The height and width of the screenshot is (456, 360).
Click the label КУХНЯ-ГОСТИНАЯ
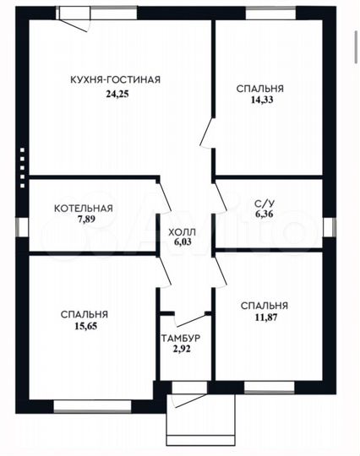click(x=115, y=79)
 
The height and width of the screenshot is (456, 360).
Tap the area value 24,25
click(x=117, y=95)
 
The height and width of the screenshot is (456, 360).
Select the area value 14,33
click(x=262, y=100)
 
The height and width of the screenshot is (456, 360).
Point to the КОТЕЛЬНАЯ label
click(x=84, y=209)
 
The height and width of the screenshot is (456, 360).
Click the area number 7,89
click(x=86, y=219)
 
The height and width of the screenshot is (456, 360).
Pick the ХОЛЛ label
click(x=183, y=232)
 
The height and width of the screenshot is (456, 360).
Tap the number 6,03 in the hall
click(x=183, y=242)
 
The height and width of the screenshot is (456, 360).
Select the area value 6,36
click(x=265, y=214)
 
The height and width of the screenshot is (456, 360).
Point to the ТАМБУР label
click(x=181, y=338)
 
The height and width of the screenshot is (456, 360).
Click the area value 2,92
click(x=182, y=349)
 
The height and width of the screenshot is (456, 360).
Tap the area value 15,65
click(x=86, y=326)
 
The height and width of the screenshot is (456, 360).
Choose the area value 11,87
click(x=266, y=318)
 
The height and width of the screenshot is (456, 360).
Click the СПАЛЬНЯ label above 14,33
click(x=260, y=89)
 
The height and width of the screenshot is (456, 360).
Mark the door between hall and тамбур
click(x=192, y=319)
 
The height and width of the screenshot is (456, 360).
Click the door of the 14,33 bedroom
click(x=207, y=132)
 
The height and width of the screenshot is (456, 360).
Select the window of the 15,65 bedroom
click(x=93, y=406)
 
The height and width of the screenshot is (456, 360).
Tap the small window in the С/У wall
click(x=330, y=227)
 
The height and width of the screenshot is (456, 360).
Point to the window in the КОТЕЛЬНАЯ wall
click(x=22, y=227)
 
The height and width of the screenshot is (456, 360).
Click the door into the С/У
click(x=221, y=196)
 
